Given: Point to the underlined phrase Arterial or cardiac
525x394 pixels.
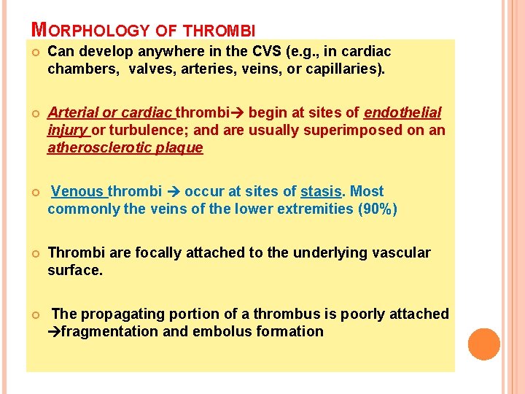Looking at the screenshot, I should [x=110, y=113].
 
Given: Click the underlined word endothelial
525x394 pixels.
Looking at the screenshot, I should [x=402, y=113].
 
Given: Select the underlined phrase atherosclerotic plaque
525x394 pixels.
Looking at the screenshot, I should [x=125, y=148].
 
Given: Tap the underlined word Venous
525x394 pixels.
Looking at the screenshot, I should [x=78, y=192].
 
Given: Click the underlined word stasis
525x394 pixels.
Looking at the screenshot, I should [x=322, y=192].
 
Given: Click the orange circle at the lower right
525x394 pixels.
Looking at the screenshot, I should [x=483, y=344].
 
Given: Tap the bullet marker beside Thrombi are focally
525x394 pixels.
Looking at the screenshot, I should [x=34, y=253].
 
